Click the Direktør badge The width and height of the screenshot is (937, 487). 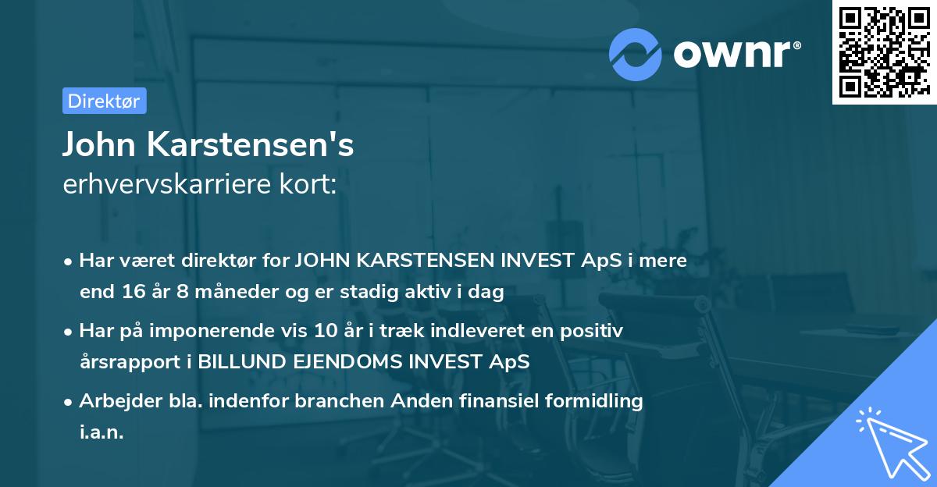click(104, 101)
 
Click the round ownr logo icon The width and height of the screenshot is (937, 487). click(636, 54)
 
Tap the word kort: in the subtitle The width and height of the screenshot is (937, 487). click(310, 184)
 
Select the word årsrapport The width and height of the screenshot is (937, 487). click(118, 362)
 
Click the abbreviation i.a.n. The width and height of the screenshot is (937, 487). click(102, 432)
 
